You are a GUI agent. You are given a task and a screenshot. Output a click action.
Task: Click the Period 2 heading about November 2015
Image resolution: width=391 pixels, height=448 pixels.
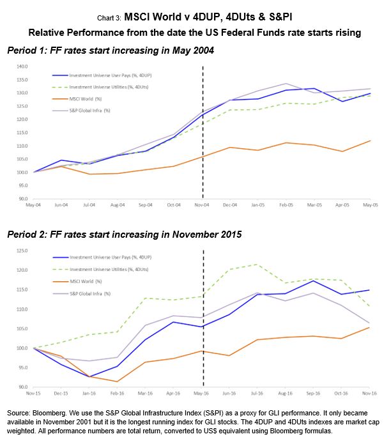tap(125, 234)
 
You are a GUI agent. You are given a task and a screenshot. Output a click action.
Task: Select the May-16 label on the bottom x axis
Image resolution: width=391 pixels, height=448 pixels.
tap(203, 393)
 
